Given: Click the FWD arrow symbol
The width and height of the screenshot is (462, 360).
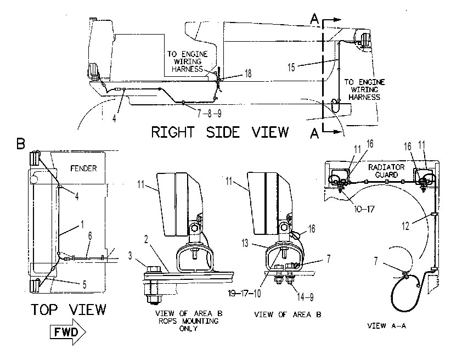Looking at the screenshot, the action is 68,333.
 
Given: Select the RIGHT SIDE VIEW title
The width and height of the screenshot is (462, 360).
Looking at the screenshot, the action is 220,132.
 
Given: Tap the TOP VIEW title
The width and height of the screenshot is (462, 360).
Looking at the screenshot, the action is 69,310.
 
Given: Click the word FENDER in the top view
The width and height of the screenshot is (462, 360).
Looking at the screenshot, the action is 83,168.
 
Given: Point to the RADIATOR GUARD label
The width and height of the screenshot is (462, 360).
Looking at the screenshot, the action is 386,171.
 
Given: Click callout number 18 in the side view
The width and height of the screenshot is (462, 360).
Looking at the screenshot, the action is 248,74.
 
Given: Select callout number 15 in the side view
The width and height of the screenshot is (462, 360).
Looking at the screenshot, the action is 291,67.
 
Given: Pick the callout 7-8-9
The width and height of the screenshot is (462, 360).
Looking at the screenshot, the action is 209,114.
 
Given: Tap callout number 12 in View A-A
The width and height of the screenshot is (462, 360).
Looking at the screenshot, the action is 405,226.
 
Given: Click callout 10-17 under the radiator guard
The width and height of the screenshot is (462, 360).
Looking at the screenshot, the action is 364,209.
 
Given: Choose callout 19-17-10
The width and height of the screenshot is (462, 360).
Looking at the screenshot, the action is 245,294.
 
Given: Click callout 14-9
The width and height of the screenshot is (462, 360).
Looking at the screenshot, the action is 305,297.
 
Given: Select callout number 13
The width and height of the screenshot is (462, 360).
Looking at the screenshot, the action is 245,243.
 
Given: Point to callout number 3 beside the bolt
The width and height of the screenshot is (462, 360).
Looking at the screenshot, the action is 130,256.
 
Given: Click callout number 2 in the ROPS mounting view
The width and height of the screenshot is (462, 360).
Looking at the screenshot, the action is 146,239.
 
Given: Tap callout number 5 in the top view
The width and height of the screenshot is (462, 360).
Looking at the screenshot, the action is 84,285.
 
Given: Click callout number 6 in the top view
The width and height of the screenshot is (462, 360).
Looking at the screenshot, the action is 90,235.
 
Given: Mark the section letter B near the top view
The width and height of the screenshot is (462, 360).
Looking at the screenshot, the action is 21,144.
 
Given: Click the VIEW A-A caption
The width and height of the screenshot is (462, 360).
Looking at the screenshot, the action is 387,326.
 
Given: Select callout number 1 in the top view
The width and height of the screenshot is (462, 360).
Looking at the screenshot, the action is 82,224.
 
